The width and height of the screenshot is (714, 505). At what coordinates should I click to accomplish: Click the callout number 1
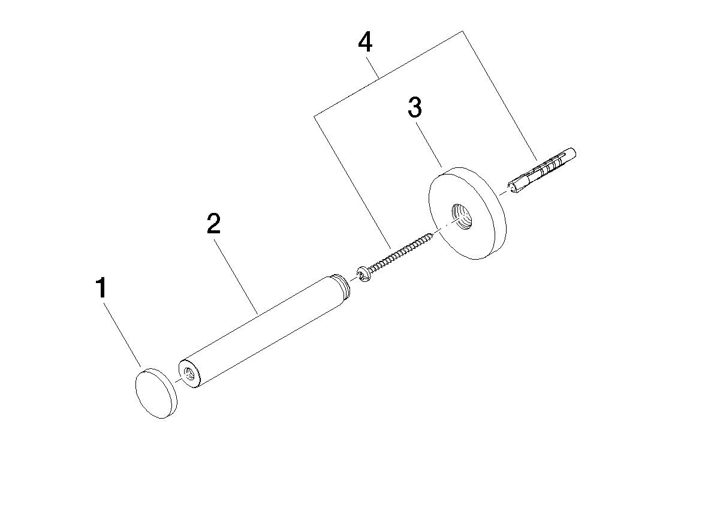point(101,288)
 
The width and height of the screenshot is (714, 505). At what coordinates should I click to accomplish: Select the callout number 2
point(213,223)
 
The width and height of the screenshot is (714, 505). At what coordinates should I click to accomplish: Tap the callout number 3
point(414,107)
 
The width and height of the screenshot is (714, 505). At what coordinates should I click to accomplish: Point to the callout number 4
point(365,42)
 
